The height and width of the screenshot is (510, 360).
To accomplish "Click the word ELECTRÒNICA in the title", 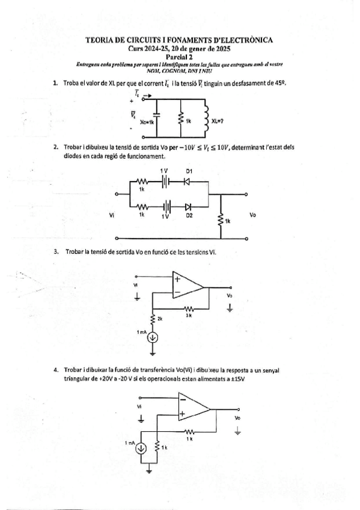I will click(x=245, y=40).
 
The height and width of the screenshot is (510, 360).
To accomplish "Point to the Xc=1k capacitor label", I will click(x=147, y=121).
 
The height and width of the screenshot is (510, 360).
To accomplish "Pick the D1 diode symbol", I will click(x=187, y=180).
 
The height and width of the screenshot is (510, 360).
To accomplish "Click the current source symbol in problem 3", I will click(x=153, y=336).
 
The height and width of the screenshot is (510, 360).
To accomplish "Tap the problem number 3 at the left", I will click(x=56, y=251).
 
